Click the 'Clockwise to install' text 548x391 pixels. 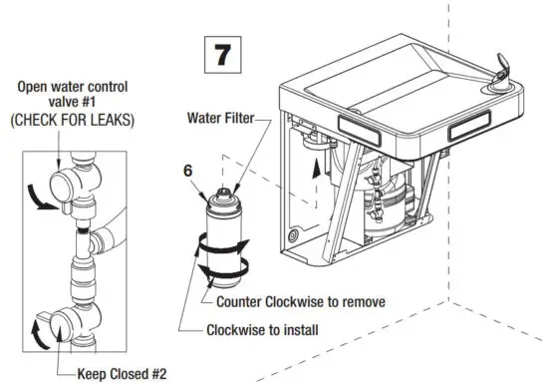click(x=262, y=328)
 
